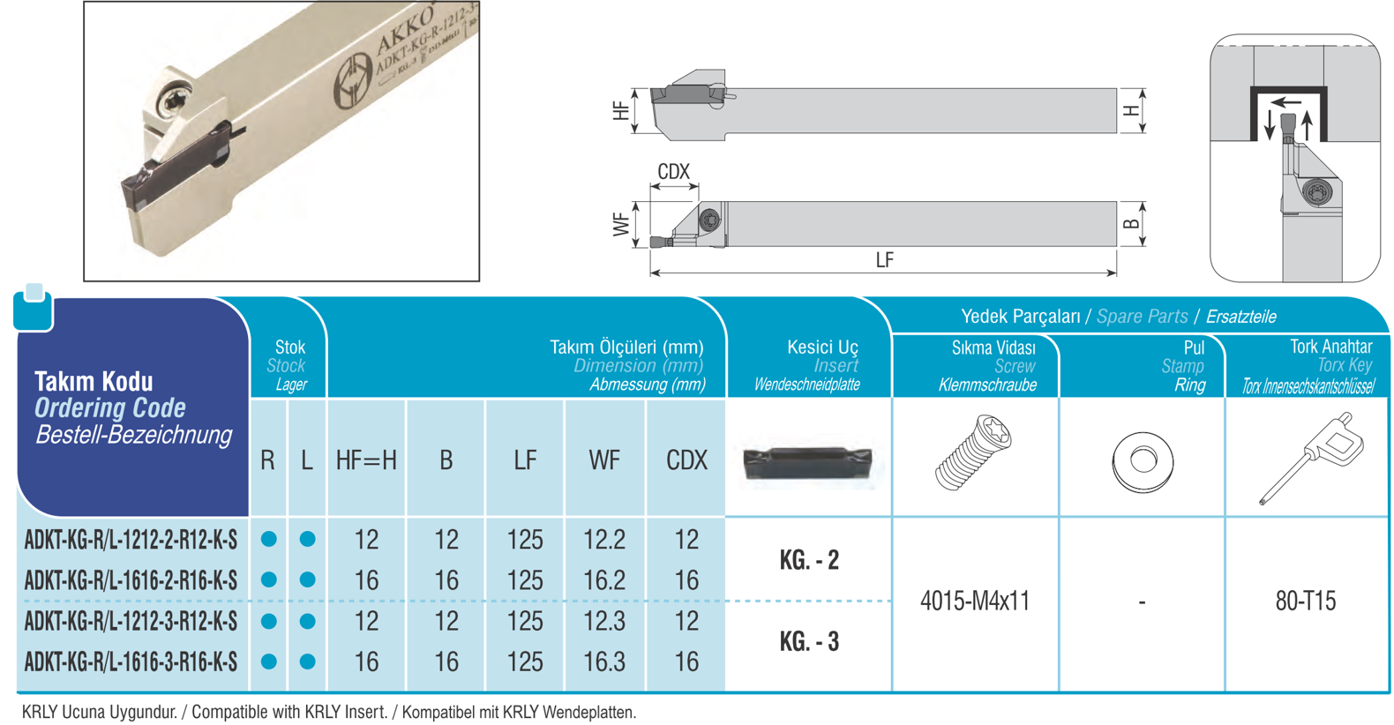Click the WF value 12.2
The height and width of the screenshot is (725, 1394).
pyautogui.click(x=604, y=540)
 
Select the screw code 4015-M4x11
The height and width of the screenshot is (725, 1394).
pyautogui.click(x=975, y=601)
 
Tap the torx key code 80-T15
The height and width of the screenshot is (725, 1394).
pyautogui.click(x=1306, y=601)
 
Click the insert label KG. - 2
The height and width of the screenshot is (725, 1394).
pyautogui.click(x=809, y=560)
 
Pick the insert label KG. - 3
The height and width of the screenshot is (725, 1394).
pyautogui.click(x=809, y=641)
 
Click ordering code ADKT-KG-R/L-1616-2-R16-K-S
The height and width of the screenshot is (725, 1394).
pyautogui.click(x=131, y=580)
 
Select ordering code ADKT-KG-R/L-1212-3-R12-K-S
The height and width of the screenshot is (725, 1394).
pyautogui.click(x=131, y=621)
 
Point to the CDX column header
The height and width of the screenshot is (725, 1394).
pyautogui.click(x=686, y=460)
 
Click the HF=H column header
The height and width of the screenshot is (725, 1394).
pyautogui.click(x=366, y=460)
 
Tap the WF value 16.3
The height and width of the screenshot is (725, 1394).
pyautogui.click(x=604, y=661)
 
